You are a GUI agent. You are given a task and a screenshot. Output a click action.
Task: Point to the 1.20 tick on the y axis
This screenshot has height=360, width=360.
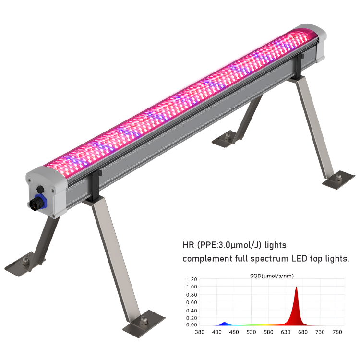point(191,279)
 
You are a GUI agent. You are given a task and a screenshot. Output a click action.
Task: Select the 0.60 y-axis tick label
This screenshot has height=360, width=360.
point(191,302)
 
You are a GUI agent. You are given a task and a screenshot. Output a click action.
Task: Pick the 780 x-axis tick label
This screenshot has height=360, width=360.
point(337,332)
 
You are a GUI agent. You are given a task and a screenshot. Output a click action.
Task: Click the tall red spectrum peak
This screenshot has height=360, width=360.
point(296,307)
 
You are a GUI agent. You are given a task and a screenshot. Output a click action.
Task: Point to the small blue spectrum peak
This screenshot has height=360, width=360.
point(224,324)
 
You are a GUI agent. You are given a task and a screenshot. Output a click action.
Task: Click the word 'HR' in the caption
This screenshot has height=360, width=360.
point(190,245)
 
